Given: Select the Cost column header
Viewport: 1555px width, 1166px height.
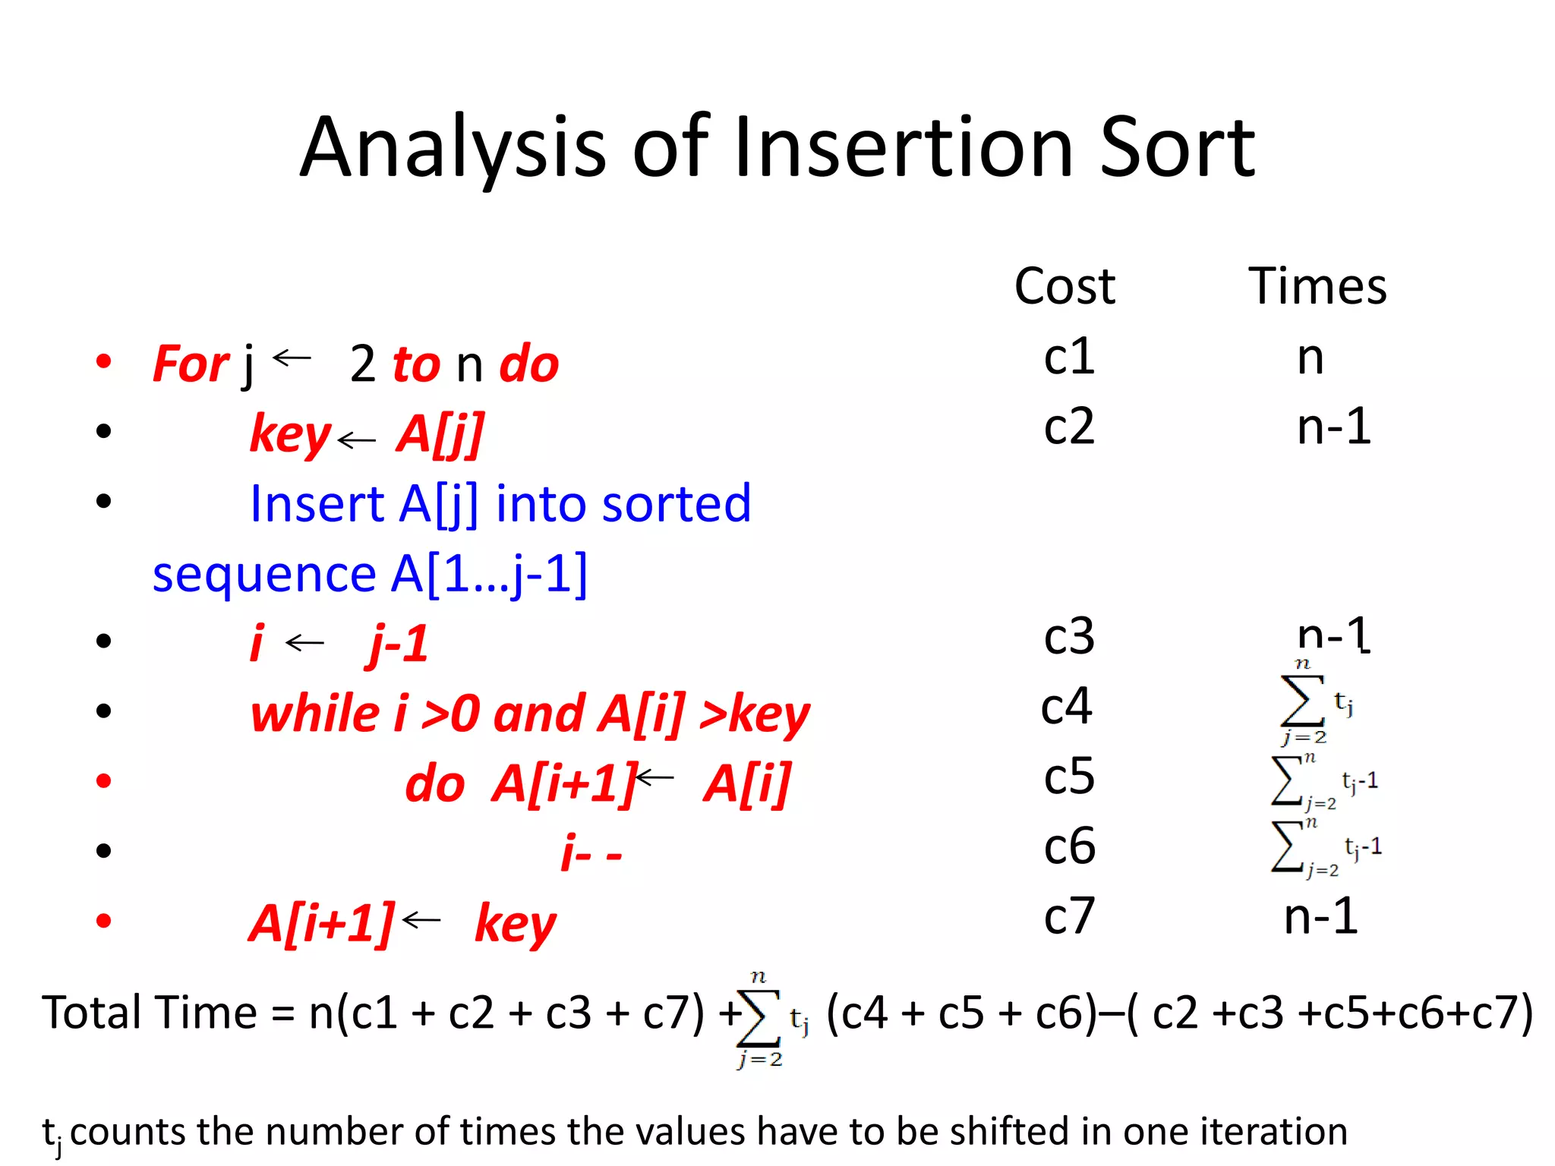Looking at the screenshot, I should pyautogui.click(x=1065, y=287).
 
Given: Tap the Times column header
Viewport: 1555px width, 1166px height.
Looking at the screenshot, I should pyautogui.click(x=1317, y=287).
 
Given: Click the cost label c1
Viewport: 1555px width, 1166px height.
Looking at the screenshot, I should pyautogui.click(x=1068, y=357).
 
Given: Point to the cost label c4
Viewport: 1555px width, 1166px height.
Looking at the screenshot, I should pyautogui.click(x=1066, y=707).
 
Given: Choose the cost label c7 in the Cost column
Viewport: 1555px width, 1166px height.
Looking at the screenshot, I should pyautogui.click(x=1068, y=916).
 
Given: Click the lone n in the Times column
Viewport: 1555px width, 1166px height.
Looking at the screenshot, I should pyautogui.click(x=1310, y=358).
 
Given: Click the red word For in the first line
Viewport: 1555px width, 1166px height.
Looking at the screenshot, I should pyautogui.click(x=191, y=364).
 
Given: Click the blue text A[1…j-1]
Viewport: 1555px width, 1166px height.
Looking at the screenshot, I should pyautogui.click(x=489, y=574).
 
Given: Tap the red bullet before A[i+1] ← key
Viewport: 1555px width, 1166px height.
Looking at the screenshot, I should pyautogui.click(x=104, y=921).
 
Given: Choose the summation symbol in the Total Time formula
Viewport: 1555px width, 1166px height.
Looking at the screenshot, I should pyautogui.click(x=759, y=1018).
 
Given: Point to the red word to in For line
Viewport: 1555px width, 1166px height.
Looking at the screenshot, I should pyautogui.click(x=415, y=364).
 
